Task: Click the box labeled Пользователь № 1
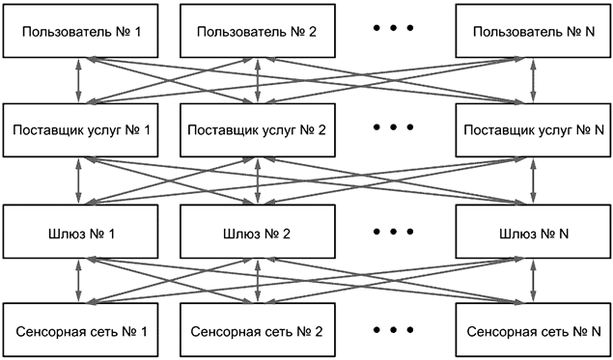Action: pos(78,32)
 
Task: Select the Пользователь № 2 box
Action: pos(258,32)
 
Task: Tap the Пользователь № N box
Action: pos(532,32)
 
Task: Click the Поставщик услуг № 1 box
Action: pos(78,130)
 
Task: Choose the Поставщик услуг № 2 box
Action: pos(258,130)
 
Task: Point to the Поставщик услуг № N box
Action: pos(532,130)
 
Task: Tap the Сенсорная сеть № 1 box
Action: pos(78,331)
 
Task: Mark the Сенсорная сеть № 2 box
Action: pos(258,331)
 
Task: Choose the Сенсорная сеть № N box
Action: pos(532,331)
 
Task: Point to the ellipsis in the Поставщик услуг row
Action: pos(393,126)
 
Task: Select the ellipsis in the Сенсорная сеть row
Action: pos(393,328)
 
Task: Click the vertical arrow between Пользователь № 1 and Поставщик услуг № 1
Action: pos(78,81)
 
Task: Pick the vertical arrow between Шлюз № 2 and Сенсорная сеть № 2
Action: pos(258,281)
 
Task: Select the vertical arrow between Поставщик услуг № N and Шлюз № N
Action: pos(532,180)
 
